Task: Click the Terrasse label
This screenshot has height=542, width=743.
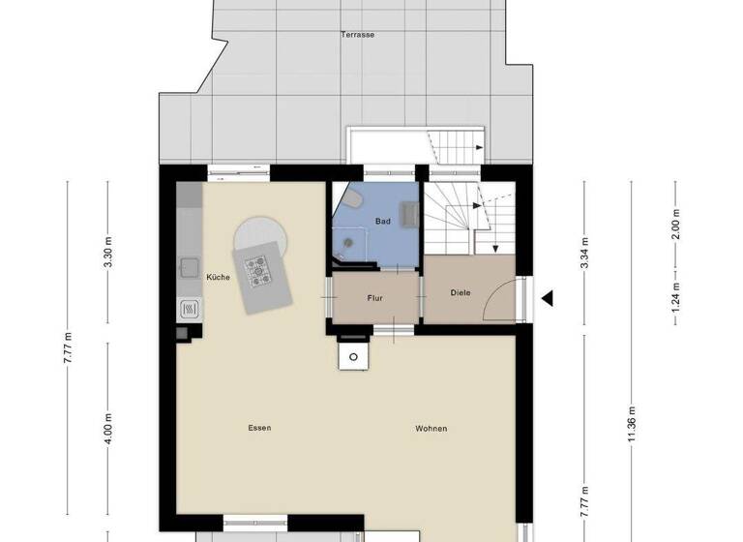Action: tap(358, 34)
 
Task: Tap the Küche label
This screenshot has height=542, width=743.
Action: tap(218, 278)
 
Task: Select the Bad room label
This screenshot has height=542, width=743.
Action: tap(383, 222)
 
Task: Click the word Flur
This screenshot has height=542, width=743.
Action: tap(375, 298)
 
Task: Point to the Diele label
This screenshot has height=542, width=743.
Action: tap(461, 292)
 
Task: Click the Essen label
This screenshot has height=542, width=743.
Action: tap(259, 428)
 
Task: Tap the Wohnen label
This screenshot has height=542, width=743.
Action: tap(431, 429)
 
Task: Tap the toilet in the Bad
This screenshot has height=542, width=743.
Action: tap(354, 200)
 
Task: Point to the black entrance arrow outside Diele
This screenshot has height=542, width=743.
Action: tap(547, 298)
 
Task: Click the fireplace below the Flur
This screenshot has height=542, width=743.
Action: tap(354, 356)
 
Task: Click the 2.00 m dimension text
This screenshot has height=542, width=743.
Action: tap(676, 225)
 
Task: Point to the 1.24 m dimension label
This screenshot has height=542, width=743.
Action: tap(676, 291)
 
